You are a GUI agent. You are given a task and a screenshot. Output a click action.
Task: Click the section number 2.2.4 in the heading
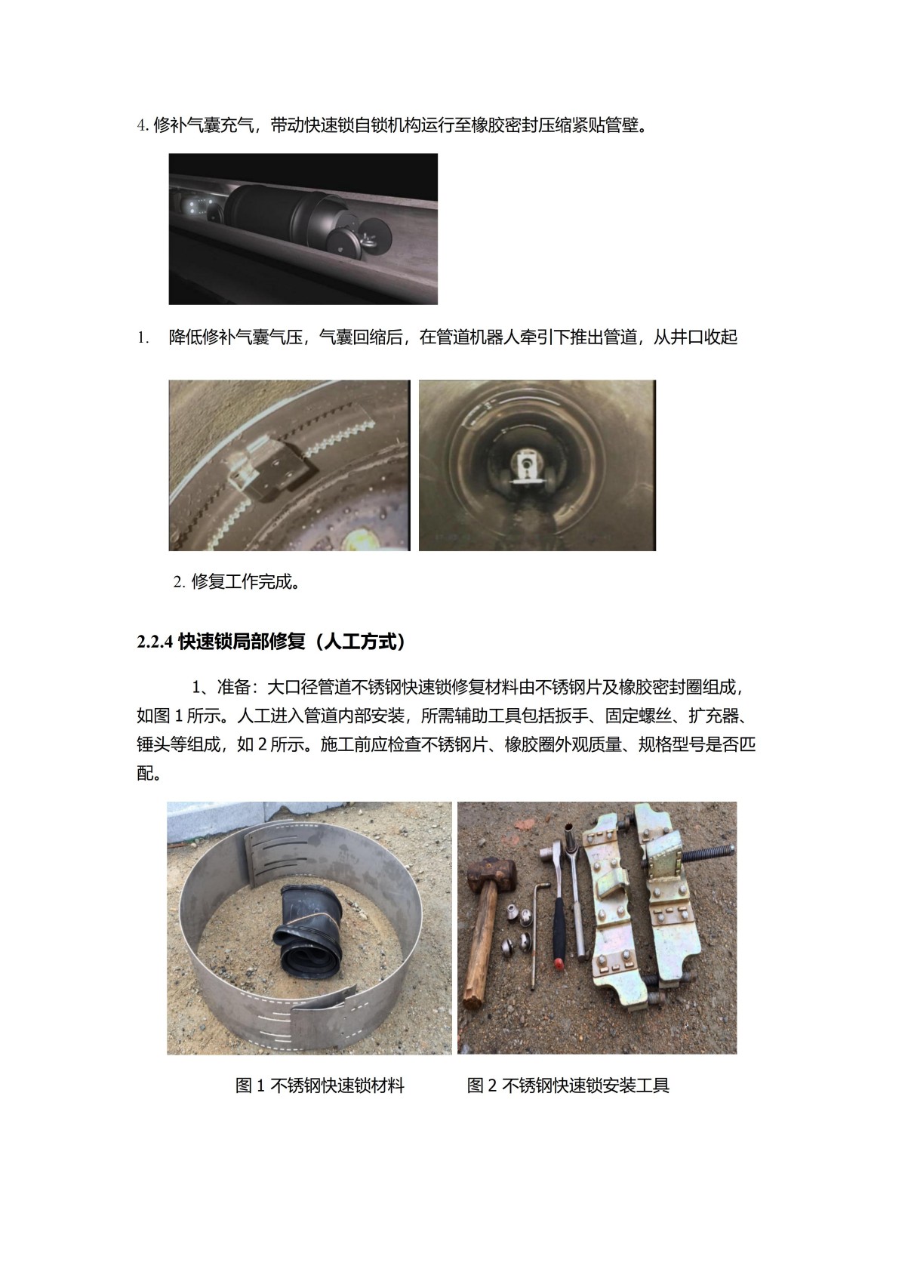pos(155,642)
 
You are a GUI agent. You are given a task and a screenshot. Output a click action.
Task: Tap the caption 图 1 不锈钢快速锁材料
pos(319,1085)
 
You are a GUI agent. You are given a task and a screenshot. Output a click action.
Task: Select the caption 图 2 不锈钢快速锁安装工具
pos(568,1085)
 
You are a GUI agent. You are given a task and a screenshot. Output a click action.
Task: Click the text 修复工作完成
pos(245,582)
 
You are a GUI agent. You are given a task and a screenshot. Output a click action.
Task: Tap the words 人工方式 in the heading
pos(363,642)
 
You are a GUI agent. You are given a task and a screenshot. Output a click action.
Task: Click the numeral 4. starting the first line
pos(143,125)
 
